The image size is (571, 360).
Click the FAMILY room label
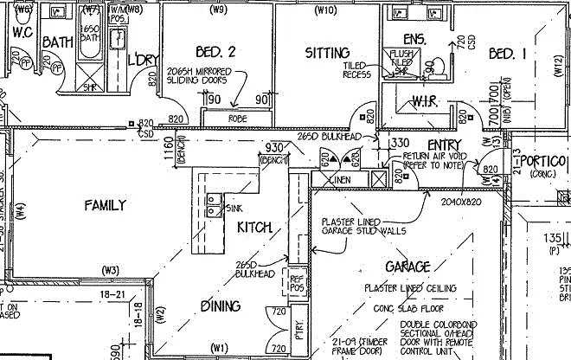coord(105,206)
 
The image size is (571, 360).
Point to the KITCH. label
coord(254,227)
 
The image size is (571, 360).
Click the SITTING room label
coord(327,54)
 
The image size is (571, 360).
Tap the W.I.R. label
coord(417,103)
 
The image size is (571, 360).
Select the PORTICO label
coord(545,162)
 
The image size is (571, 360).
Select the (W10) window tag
coord(325,11)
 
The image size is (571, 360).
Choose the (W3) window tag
coord(111,270)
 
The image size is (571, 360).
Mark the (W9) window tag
coord(218,11)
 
